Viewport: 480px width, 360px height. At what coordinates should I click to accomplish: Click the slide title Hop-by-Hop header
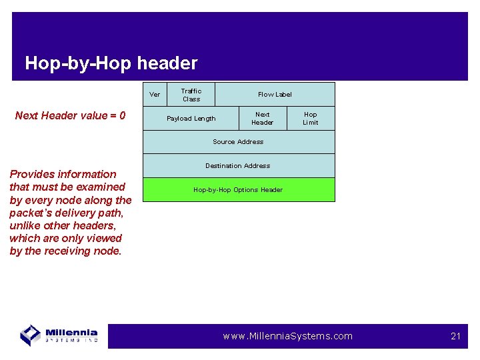coord(111,63)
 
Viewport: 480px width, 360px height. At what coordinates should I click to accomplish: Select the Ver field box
coord(155,95)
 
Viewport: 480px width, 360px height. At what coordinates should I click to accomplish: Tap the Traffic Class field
coord(191,95)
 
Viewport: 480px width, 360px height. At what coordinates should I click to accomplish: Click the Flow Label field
coord(275,95)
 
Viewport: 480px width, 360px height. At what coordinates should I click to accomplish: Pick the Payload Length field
coord(191,119)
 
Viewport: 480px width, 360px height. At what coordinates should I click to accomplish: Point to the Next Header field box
coord(263,119)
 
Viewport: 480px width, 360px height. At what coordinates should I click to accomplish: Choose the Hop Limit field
coord(311,119)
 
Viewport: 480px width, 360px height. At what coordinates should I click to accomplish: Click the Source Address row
coord(238,142)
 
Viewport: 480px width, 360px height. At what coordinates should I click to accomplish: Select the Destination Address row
coord(238,166)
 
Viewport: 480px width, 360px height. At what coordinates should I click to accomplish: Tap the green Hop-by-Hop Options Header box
coord(238,190)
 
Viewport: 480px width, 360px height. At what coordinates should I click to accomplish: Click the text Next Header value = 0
coord(70,116)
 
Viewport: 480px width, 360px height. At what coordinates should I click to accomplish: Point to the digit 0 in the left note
coord(122,116)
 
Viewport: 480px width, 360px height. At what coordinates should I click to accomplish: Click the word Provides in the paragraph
coord(33,174)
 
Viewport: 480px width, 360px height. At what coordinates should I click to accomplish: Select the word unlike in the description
coord(27,226)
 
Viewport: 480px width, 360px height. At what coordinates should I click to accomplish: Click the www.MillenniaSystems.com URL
coord(287,336)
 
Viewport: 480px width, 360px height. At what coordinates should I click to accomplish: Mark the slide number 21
coord(455,336)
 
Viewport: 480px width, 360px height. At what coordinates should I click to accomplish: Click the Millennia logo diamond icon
coord(30,334)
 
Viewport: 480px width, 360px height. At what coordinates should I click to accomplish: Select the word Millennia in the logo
coord(71,332)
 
